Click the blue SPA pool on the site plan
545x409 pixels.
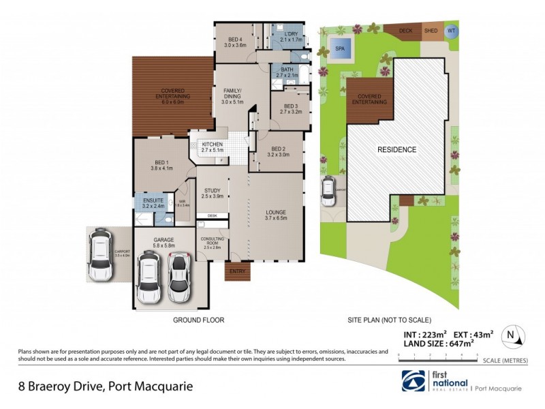click(x=340, y=49)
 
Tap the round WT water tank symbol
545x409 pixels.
click(x=451, y=31)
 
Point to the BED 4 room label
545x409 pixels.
click(x=235, y=40)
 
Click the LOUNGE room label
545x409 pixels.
click(x=275, y=212)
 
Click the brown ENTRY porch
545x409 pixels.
click(x=238, y=272)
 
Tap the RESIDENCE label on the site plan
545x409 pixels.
click(x=397, y=149)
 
